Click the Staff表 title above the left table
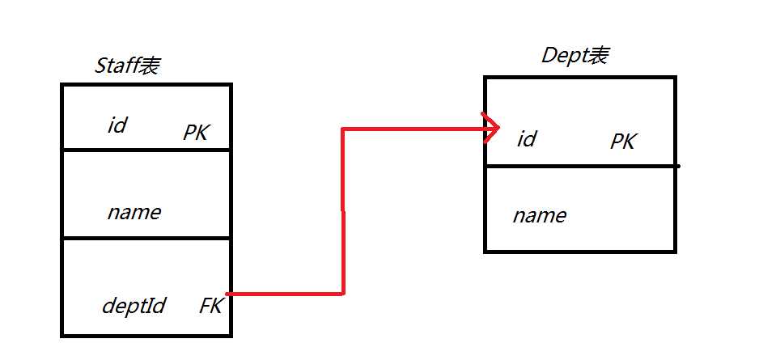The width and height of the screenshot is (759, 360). pos(127,66)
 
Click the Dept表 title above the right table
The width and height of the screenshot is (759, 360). pos(575,56)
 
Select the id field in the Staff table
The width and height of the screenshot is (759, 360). pos(117,125)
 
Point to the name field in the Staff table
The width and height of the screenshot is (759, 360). pos(134,212)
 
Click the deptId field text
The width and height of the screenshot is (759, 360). pos(134,306)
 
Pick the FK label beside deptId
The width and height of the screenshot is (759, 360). pos(210,306)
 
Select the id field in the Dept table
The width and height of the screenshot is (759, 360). pos(526,139)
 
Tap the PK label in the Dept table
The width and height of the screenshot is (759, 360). pos(622,142)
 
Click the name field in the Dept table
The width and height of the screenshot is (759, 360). pos(539,216)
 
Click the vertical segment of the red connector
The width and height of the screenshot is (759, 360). pos(343,210)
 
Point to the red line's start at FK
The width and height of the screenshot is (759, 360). pos(230,294)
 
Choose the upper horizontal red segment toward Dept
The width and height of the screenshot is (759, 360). pos(413,128)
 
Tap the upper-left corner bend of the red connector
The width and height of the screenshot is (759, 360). pos(343,129)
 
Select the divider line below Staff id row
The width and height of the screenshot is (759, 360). pos(146,150)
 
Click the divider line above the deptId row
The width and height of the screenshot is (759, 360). pos(146,239)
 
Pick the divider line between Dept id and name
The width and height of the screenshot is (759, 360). pos(579,167)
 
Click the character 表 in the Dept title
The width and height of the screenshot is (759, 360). pos(598,56)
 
